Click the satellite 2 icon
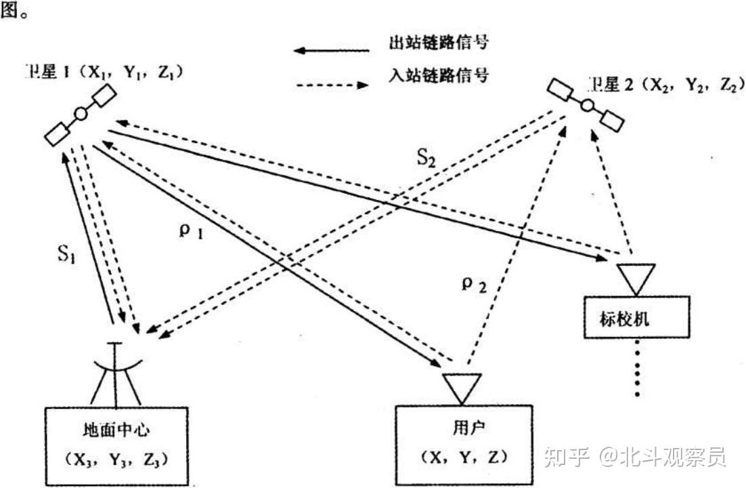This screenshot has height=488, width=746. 586,105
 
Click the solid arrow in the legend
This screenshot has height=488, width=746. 331,50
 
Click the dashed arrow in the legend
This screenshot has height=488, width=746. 332,85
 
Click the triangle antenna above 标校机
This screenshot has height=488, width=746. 636,278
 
